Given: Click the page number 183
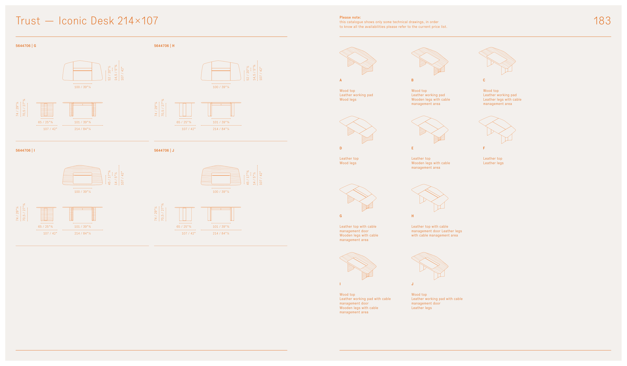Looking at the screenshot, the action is tap(602, 21).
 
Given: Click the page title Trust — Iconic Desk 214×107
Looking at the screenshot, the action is tap(87, 21).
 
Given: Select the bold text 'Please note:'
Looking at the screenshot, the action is tap(350, 17).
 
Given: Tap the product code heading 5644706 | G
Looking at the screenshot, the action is tap(26, 46).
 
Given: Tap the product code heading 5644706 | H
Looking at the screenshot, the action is tap(164, 46).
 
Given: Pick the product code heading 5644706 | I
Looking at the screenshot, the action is tap(25, 150).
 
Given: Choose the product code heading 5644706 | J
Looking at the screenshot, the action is tap(164, 150).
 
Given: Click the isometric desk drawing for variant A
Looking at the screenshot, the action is tap(358, 61).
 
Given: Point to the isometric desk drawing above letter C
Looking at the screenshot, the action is tap(497, 61).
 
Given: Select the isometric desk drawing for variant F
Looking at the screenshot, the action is tap(497, 130).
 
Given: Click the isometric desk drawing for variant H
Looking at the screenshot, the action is tap(430, 198).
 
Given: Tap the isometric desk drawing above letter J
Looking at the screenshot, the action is tap(430, 266).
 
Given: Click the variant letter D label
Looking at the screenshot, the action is tap(341, 148).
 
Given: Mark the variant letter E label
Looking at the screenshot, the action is tap(412, 148).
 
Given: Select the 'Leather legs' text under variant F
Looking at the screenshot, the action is tap(493, 163).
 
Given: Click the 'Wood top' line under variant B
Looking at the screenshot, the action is tap(419, 91).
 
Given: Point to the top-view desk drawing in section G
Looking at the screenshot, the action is tap(83, 71).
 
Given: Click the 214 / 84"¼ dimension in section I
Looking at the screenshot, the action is tap(83, 233).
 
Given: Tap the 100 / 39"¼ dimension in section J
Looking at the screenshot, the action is tap(221, 192).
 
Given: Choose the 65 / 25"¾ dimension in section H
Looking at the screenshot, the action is tap(184, 122).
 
